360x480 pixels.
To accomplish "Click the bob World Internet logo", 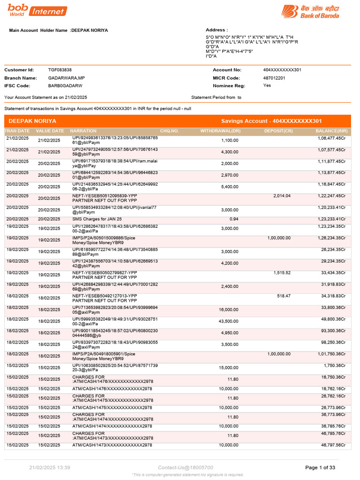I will (37, 10).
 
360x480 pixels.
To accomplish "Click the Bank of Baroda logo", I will (310, 11).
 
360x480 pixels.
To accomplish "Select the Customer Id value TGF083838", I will (60, 70).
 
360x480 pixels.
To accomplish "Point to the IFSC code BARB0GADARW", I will (65, 86).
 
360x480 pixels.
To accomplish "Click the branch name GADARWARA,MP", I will (67, 78).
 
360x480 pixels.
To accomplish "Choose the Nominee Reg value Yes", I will (267, 86).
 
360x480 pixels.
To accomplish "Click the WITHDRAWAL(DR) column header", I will (220, 131).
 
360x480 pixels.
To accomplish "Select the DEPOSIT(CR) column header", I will (278, 131).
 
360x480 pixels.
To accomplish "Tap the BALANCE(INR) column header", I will (331, 131).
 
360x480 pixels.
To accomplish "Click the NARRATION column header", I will (83, 131).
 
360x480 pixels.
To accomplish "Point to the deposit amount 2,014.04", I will (282, 196).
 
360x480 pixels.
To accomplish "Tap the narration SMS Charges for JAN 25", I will (97, 219).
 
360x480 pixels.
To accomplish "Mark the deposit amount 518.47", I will (284, 296).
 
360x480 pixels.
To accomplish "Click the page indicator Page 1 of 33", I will (320, 467).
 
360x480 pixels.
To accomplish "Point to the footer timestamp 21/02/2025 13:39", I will (50, 467).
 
